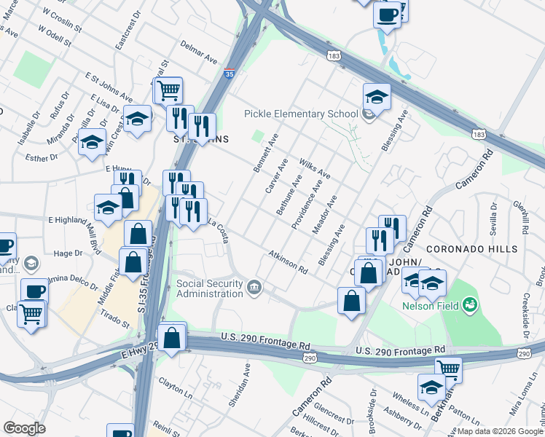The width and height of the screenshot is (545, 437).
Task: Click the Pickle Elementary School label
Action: (x=300, y=114)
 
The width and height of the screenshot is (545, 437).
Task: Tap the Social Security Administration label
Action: (x=210, y=288)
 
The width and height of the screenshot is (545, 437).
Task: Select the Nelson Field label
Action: (x=431, y=306)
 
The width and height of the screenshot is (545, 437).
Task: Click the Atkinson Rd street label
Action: (x=287, y=261)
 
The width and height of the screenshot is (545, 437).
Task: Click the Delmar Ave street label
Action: (x=200, y=52)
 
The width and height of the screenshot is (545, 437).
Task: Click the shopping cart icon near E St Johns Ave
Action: (x=168, y=90)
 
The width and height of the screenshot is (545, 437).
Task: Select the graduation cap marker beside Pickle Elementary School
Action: (x=377, y=95)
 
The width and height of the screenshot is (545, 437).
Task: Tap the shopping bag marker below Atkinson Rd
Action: (x=352, y=300)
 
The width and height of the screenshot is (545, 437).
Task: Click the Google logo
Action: (x=24, y=428)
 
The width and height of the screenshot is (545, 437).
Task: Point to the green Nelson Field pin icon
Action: (x=471, y=303)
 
